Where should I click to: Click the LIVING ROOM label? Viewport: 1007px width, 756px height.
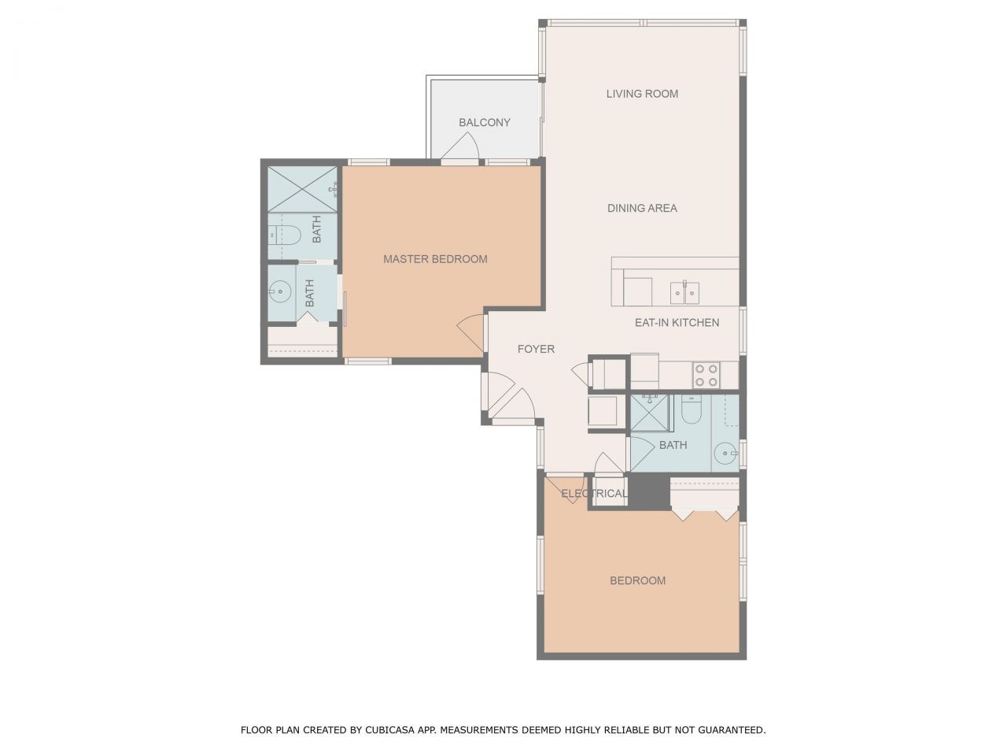[x=642, y=94]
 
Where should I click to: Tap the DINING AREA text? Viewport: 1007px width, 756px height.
[x=642, y=209]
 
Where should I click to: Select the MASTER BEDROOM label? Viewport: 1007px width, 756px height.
[x=435, y=259]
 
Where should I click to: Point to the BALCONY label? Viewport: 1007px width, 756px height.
[x=485, y=123]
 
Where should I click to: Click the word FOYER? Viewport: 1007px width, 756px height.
[x=536, y=349]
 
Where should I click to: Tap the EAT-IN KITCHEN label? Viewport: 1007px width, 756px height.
[x=677, y=323]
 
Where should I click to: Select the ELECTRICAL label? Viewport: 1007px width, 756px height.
[x=594, y=494]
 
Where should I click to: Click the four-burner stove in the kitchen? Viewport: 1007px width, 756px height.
[x=706, y=376]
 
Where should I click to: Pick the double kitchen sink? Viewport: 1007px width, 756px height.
[x=684, y=293]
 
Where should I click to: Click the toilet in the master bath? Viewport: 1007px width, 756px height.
[x=282, y=234]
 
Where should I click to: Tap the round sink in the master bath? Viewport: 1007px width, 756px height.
[x=278, y=291]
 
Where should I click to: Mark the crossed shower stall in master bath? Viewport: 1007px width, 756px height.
[x=301, y=189]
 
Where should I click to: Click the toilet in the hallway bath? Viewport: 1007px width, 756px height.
[x=692, y=410]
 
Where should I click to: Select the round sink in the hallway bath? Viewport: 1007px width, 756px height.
[x=725, y=454]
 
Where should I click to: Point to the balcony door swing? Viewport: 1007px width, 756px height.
[x=462, y=147]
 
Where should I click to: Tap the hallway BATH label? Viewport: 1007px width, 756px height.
[x=673, y=446]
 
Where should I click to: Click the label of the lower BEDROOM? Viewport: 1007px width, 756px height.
[x=637, y=581]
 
